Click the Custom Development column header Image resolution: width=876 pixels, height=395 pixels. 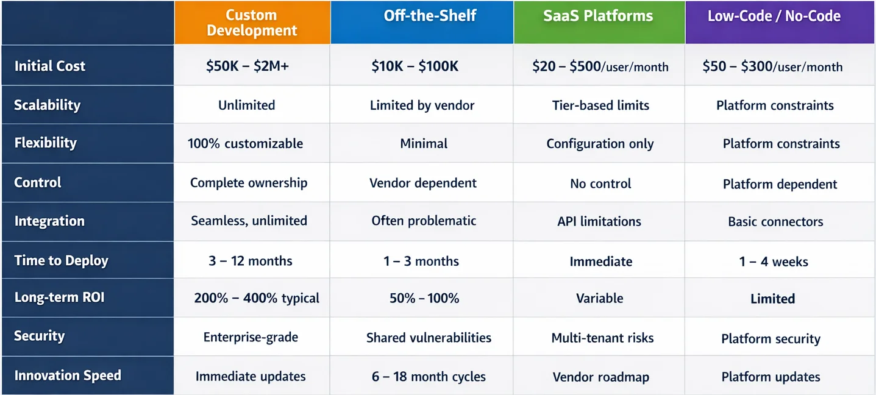click(x=252, y=23)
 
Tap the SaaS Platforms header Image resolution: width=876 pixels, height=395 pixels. click(x=598, y=16)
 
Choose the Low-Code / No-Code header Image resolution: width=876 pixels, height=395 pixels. click(x=774, y=16)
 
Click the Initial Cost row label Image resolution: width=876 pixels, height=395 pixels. click(x=50, y=66)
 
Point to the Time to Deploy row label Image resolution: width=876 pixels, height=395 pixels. click(x=61, y=261)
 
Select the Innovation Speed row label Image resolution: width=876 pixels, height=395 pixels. click(x=68, y=375)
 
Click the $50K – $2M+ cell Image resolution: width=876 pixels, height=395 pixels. click(x=247, y=66)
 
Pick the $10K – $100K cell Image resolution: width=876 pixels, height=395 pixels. click(x=415, y=66)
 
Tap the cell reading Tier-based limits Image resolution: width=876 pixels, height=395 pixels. click(x=600, y=105)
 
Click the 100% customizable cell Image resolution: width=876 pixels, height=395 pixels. click(x=245, y=144)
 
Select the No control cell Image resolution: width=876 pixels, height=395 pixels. click(x=600, y=183)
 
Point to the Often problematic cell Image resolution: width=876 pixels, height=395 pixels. click(x=424, y=221)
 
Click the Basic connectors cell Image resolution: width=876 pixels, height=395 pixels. click(x=775, y=222)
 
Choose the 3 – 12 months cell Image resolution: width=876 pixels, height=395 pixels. click(x=250, y=261)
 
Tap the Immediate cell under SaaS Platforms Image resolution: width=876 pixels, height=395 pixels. click(x=600, y=262)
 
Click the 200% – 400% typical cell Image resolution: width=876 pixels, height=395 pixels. click(x=257, y=298)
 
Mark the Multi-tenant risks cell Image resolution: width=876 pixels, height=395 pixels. click(x=602, y=338)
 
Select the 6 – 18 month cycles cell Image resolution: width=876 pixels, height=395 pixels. click(x=429, y=377)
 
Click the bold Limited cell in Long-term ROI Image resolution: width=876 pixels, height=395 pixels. click(x=772, y=299)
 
